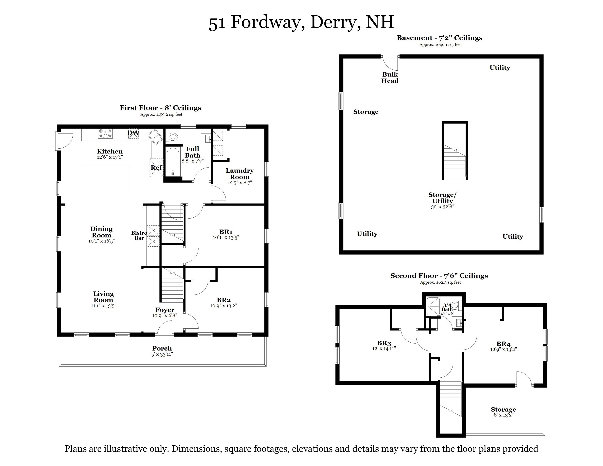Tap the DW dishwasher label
click(x=133, y=133)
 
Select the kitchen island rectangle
click(x=106, y=175)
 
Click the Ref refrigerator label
click(x=156, y=168)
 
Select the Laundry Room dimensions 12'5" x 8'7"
click(x=240, y=183)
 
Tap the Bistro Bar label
click(x=139, y=235)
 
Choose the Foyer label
click(x=165, y=310)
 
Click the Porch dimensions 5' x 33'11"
click(x=162, y=354)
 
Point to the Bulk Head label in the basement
click(x=390, y=78)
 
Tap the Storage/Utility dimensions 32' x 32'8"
click(x=442, y=207)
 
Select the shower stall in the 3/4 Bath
click(x=433, y=306)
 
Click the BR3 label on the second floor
click(x=384, y=343)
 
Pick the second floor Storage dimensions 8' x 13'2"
click(x=503, y=415)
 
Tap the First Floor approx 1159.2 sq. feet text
click(x=161, y=114)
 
